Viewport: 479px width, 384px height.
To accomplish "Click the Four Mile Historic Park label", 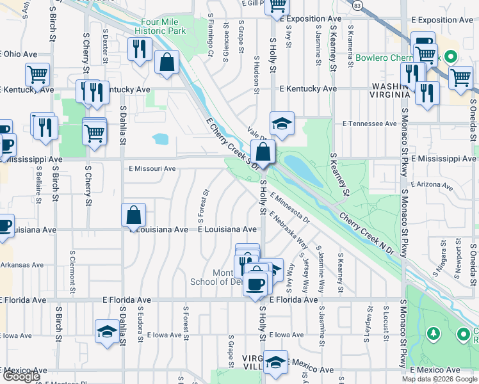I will click(160, 26).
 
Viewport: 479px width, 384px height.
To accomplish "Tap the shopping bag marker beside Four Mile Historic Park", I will click(166, 63).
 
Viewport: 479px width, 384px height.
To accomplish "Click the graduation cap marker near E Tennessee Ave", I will click(282, 123).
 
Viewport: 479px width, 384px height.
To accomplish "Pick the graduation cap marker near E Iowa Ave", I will click(107, 332).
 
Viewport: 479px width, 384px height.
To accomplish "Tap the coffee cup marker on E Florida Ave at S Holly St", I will click(255, 284).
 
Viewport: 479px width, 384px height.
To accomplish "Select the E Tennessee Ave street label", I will click(370, 123).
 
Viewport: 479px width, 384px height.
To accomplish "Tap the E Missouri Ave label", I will click(152, 169).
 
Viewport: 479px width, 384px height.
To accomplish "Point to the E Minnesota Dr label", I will click(289, 208).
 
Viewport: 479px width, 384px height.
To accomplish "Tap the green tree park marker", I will click(434, 333).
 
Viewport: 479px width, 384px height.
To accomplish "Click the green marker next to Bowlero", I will click(451, 56).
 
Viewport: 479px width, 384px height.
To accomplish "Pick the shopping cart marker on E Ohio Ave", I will click(37, 74).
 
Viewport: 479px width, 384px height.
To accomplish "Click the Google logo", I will click(21, 376).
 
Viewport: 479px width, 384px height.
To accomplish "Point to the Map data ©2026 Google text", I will click(439, 379).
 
